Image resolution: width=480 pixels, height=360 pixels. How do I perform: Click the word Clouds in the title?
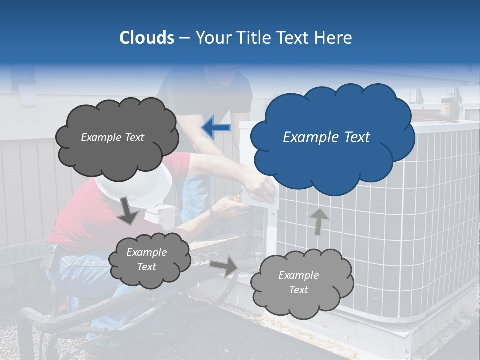point(146,38)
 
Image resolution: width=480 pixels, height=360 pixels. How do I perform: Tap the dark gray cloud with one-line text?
point(116,137)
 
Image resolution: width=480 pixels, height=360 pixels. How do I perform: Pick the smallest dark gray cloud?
point(149,259)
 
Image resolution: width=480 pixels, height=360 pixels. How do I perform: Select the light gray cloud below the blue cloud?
point(301,282)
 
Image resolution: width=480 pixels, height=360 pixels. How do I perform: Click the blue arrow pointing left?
point(216,127)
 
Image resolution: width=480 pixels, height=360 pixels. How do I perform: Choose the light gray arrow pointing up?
point(319,221)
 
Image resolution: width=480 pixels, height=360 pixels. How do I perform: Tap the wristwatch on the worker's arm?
point(215,214)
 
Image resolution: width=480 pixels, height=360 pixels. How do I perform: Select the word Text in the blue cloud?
point(353,137)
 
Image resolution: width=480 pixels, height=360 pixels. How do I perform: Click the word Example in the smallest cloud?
point(146,252)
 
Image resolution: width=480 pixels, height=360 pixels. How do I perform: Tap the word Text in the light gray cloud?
point(298,290)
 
